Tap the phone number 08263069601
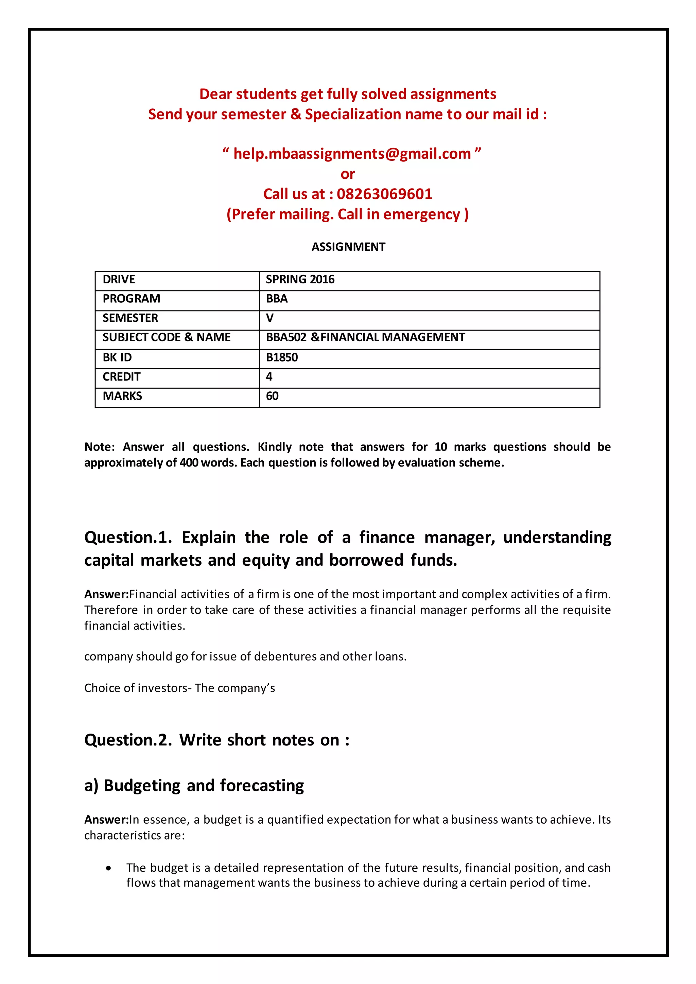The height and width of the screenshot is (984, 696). click(x=384, y=194)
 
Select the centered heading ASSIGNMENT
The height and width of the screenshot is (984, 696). click(x=348, y=247)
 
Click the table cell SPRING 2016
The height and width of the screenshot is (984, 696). click(x=300, y=279)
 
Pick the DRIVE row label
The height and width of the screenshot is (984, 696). click(x=119, y=279)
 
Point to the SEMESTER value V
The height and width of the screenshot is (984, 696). click(x=269, y=318)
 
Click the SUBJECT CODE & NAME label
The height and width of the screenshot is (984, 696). click(x=166, y=337)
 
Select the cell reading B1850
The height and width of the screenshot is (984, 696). click(x=282, y=357)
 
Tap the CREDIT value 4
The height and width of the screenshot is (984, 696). click(x=269, y=377)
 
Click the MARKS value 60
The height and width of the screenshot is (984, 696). click(x=272, y=396)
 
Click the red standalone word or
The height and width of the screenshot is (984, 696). click(x=348, y=174)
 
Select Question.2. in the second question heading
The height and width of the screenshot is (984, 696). click(x=128, y=740)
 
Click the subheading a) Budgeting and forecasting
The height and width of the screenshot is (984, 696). click(x=194, y=786)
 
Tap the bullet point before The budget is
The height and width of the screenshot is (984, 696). click(x=108, y=868)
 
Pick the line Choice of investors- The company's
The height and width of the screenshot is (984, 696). click(x=179, y=688)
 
